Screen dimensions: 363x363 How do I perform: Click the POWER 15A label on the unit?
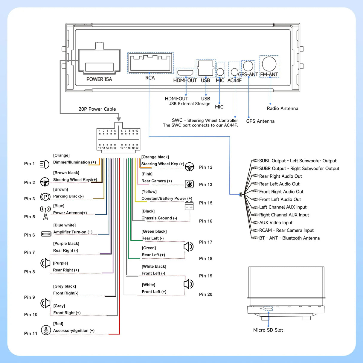99,79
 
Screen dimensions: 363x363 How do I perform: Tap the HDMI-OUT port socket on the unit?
185,72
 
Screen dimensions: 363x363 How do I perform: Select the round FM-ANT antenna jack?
269,64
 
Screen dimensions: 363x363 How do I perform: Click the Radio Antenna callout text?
282,109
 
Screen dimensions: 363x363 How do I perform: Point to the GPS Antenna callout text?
260,121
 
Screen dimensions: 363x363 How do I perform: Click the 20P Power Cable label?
97,109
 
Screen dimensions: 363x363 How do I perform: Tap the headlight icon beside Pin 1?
45,164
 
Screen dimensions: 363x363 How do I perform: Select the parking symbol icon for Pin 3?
45,197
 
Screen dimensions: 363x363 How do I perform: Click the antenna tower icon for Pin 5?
45,213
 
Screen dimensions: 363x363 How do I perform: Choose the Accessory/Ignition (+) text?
74,331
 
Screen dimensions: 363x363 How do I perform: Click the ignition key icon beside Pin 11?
46,330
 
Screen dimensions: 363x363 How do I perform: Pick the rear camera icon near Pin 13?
189,184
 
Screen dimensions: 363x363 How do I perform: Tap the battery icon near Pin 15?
189,206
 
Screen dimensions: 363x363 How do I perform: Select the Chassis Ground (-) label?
159,218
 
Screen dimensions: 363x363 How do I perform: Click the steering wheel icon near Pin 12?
189,167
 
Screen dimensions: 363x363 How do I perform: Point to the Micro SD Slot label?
268,330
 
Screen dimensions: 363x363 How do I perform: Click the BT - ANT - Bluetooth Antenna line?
289,238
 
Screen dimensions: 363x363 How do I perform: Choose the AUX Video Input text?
276,223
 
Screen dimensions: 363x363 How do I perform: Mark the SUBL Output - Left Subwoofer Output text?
298,161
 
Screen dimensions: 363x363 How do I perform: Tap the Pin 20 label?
206,295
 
